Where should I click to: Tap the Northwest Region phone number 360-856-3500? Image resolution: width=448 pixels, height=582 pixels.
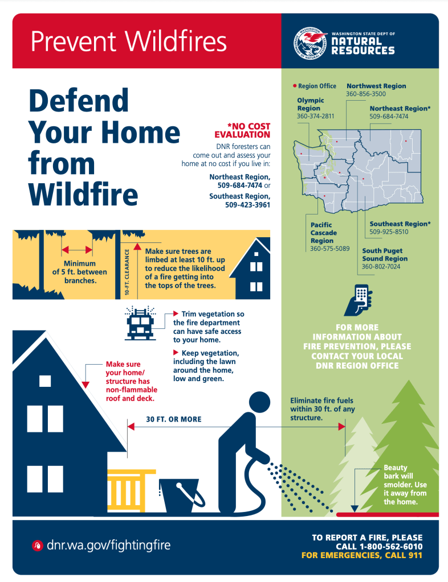[366, 94]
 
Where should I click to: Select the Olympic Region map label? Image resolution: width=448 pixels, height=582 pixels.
[311, 104]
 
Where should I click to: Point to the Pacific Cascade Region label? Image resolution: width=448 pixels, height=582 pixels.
[323, 233]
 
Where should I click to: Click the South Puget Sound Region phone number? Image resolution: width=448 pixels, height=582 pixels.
[381, 266]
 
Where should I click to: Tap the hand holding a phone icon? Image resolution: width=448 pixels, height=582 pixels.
[358, 300]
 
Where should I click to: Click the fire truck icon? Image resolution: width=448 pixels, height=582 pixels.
[140, 323]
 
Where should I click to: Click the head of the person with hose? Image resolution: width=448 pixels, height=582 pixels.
[259, 402]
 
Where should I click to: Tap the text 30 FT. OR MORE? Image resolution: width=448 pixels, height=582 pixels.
[174, 419]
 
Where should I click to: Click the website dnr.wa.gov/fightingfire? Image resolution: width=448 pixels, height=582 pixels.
[108, 545]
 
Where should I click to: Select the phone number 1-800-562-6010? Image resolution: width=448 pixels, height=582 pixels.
[391, 546]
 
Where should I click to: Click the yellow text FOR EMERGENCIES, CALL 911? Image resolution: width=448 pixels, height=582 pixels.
[362, 555]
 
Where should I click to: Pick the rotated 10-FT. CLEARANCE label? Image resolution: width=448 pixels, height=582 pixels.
[127, 272]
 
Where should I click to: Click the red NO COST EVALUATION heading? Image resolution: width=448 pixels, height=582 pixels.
[242, 130]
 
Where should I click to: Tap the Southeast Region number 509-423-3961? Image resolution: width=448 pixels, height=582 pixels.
[247, 204]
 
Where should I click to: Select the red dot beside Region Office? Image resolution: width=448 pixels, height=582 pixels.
[295, 86]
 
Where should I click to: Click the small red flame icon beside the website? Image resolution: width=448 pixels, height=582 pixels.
[37, 545]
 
